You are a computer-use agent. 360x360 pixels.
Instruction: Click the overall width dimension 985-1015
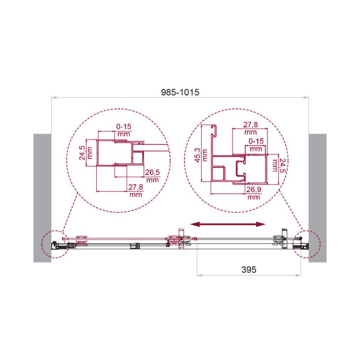point(180,92)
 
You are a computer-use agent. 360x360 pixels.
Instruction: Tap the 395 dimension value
point(249,269)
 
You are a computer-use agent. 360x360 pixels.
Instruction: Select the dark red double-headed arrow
point(228,224)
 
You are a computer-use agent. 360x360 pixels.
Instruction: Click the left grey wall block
point(42,198)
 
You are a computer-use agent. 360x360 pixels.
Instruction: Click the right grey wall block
point(318,198)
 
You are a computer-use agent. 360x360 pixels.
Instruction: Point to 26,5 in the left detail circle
point(152,172)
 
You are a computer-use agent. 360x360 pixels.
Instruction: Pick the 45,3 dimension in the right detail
point(197,155)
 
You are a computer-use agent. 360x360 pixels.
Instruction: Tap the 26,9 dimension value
point(254,189)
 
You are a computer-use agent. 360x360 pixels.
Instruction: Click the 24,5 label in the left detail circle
point(82,153)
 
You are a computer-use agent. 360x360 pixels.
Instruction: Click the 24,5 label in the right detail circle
point(282,165)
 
